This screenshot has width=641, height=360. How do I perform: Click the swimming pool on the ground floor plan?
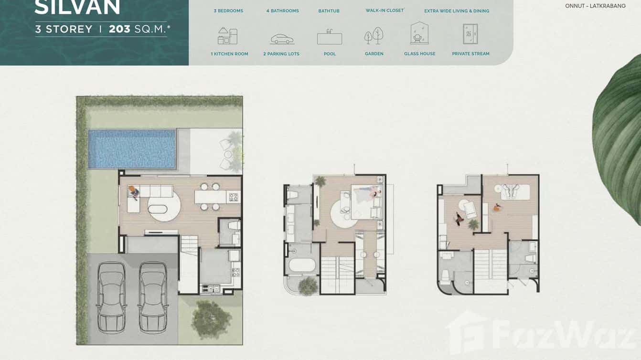pos(132,148)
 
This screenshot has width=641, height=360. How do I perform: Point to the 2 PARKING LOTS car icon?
pos(282,39)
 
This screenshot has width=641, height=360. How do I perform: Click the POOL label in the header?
pos(330,54)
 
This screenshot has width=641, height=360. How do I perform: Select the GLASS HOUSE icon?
pos(419,33)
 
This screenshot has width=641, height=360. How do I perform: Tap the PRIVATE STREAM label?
pos(470,54)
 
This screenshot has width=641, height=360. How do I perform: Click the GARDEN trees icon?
pos(374,35)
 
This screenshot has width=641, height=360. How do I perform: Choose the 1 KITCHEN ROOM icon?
pos(228,36)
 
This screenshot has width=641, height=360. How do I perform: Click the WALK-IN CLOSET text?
pos(385,11)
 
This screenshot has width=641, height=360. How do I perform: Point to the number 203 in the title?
pos(119,29)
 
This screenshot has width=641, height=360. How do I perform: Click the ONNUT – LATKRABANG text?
pos(595,6)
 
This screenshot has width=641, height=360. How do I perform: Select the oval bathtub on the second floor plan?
pos(302,265)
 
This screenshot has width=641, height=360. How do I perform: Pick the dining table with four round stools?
pos(210,197)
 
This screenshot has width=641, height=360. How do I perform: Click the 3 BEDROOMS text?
pos(228,11)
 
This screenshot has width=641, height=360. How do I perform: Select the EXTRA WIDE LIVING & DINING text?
pos(457,11)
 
